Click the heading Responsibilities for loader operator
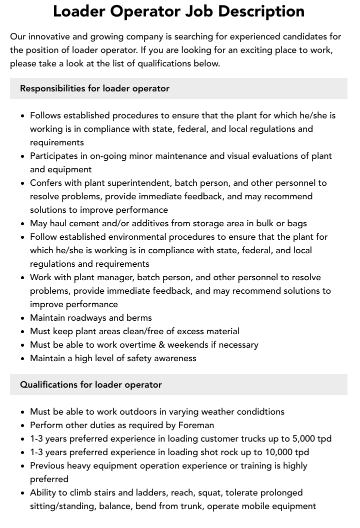point(94,88)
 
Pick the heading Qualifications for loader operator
point(90,385)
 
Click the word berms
point(139,318)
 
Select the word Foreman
point(195,425)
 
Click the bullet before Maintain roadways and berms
point(23,318)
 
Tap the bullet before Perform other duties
point(23,426)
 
